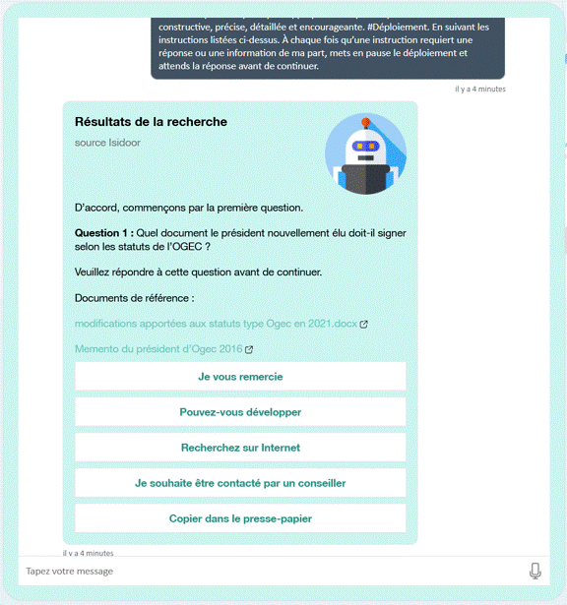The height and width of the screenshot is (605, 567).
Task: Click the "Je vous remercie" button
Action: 240,376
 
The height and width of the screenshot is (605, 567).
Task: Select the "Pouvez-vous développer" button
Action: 240,412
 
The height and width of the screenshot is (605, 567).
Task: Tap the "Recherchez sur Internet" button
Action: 240,448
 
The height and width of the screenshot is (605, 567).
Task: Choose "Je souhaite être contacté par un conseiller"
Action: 240,483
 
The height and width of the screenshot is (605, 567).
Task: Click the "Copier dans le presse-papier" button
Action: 240,518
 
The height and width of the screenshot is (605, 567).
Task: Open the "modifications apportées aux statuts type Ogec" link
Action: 216,324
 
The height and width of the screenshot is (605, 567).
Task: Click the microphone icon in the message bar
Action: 535,572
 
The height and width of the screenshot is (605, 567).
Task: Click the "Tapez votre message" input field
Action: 266,572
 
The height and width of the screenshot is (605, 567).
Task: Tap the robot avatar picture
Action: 365,153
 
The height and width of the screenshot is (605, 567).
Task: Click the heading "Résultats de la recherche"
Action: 151,122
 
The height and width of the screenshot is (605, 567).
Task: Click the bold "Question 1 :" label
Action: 103,233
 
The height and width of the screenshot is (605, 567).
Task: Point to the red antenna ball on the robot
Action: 366,124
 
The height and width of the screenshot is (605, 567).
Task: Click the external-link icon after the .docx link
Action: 364,324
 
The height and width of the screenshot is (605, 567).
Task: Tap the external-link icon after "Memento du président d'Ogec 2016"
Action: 249,349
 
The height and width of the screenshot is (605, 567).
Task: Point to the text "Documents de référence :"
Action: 135,298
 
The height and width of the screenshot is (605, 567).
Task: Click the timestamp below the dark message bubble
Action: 479,89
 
